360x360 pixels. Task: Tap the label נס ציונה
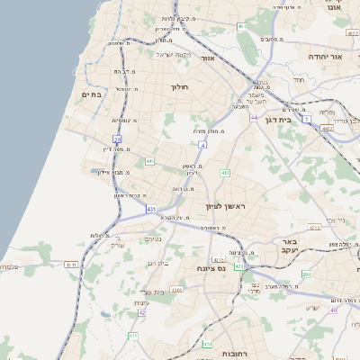(x=212, y=267)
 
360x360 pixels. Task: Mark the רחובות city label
(x=228, y=343)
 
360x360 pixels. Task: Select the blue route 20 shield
(x=118, y=139)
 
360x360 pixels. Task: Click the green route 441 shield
(x=150, y=161)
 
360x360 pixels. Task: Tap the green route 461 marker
(x=242, y=26)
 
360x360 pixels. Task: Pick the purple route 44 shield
(x=255, y=118)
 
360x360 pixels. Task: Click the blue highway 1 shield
(x=307, y=118)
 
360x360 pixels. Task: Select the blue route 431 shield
(x=150, y=209)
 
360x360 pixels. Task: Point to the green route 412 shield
(x=225, y=172)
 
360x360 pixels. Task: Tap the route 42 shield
(x=142, y=312)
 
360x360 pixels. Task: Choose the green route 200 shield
(x=307, y=273)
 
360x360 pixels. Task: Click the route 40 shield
(x=333, y=310)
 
